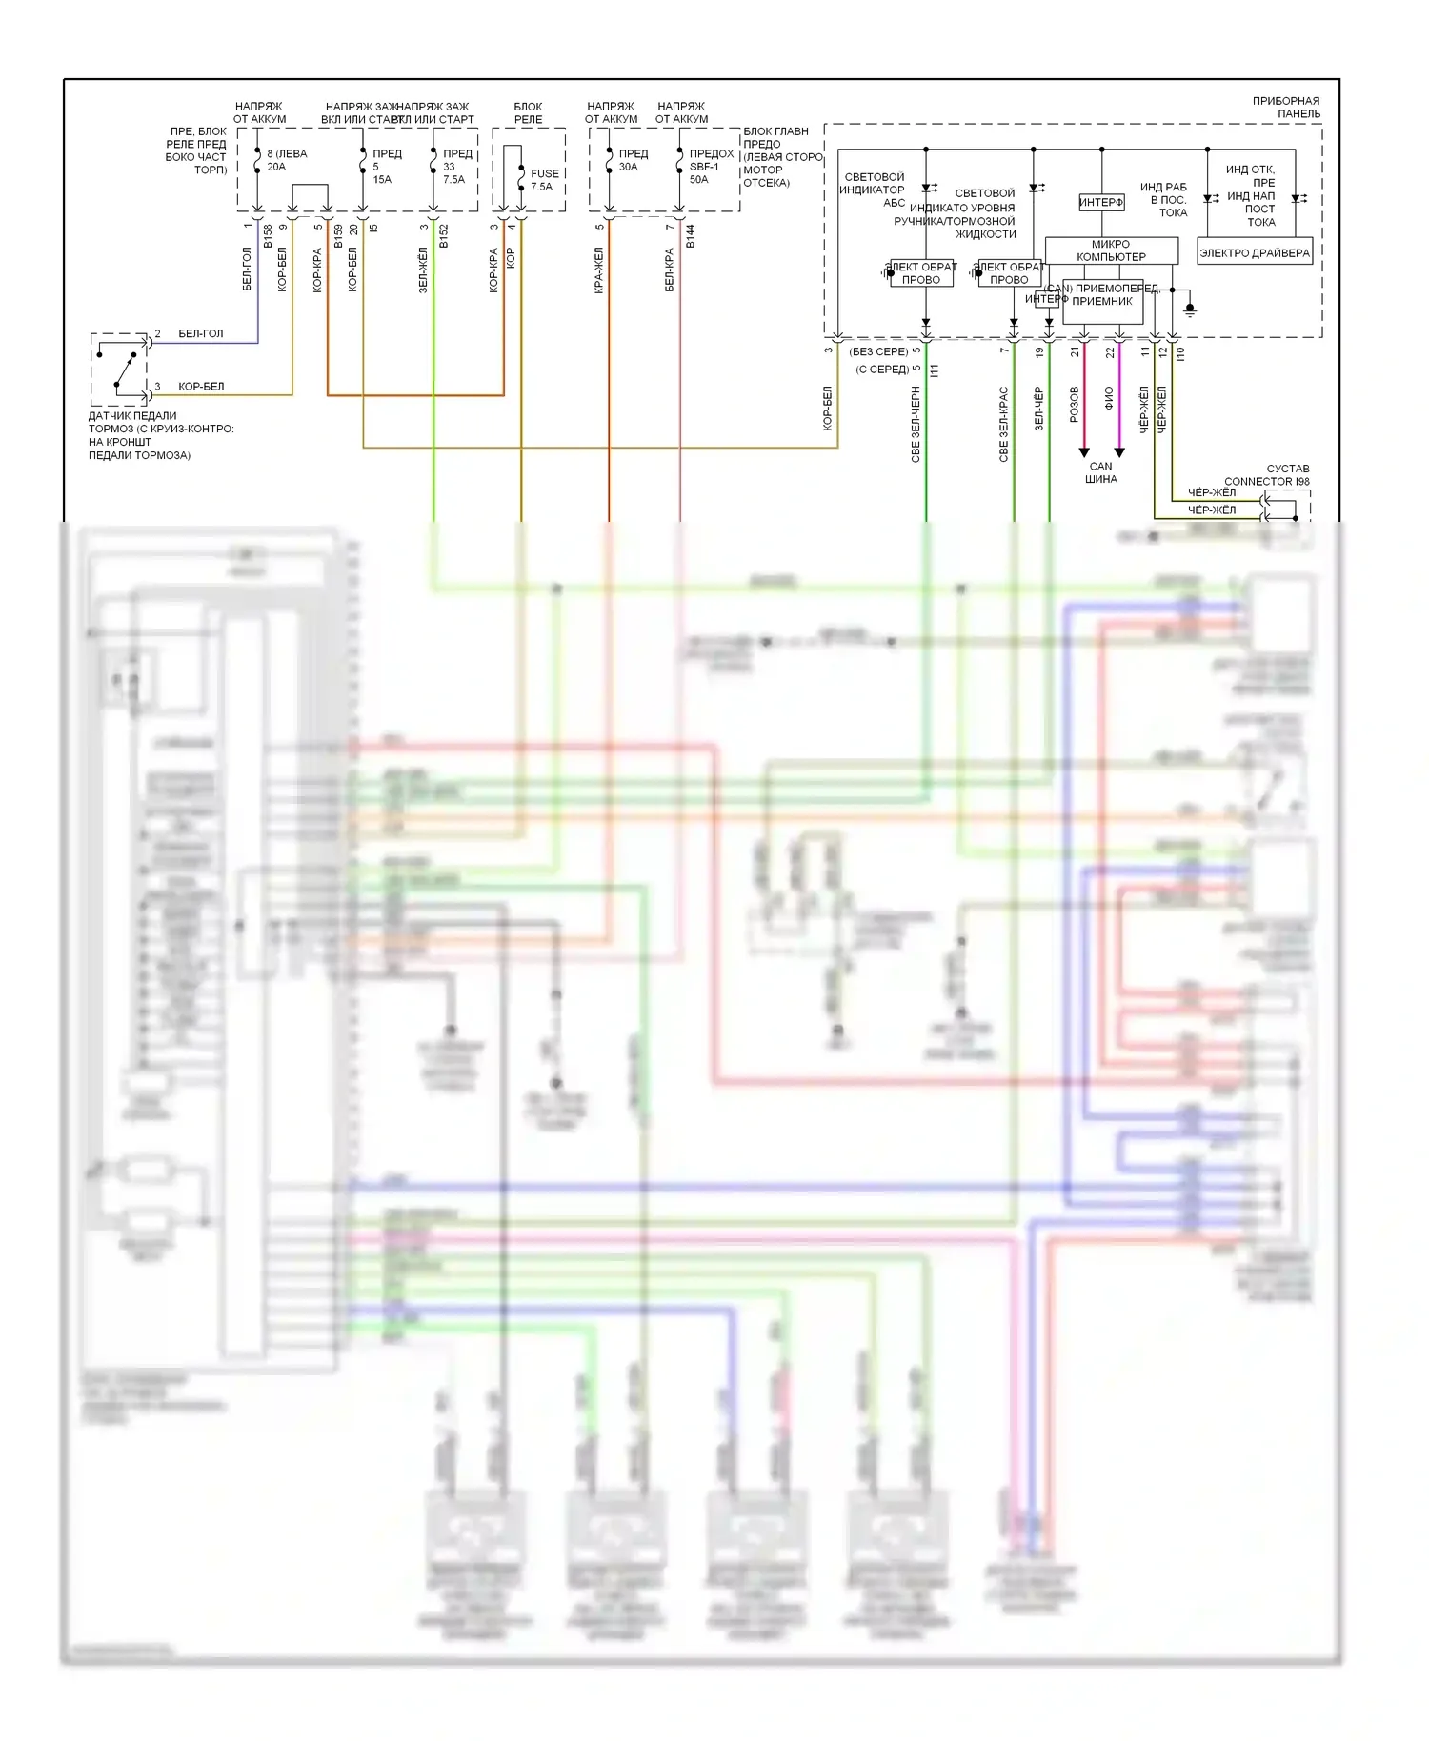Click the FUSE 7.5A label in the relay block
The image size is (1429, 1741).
coord(544,180)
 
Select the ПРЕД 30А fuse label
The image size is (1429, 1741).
coord(632,160)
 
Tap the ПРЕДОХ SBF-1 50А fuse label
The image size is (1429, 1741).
coord(711,166)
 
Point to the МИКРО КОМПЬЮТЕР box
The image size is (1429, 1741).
coord(1111,250)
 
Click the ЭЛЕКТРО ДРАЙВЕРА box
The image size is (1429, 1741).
coord(1255,253)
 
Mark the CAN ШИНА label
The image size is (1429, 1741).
coord(1100,472)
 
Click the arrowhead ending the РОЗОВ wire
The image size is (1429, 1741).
coord(1084,452)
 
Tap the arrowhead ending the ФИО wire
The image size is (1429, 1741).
coord(1119,452)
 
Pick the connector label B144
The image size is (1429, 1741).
coord(691,235)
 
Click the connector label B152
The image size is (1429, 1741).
coord(444,237)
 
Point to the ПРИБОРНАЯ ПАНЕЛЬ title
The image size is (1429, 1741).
coord(1286,107)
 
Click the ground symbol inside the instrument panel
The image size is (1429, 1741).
coord(1189,310)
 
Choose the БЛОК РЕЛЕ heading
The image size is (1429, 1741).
coord(528,112)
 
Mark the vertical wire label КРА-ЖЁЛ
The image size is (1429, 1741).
coord(599,270)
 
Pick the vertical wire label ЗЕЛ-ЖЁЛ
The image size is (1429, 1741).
coord(423,270)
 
